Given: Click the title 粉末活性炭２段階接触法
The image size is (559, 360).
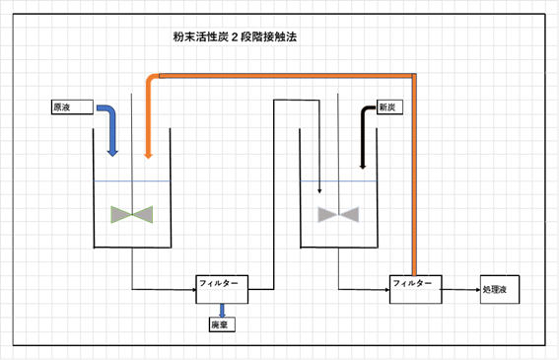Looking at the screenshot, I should (234, 37).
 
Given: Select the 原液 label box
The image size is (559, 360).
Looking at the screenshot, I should (65, 106).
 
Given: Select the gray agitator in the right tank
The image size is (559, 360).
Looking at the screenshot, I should (337, 213).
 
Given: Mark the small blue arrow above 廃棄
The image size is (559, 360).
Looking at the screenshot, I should (222, 309).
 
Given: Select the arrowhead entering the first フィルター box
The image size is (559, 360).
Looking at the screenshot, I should (191, 290).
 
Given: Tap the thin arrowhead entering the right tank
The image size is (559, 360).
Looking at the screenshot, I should (318, 188).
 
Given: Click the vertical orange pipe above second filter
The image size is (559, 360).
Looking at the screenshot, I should (415, 178).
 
